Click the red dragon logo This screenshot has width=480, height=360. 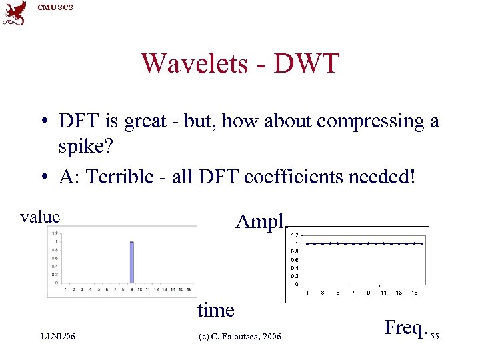(x=15, y=13)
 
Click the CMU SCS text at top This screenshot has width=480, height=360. (x=55, y=7)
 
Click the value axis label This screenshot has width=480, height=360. (x=40, y=217)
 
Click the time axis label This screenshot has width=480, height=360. (x=215, y=310)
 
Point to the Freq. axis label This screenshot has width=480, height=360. (x=405, y=327)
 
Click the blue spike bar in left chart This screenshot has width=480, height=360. (x=131, y=263)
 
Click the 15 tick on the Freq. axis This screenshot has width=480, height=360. (x=414, y=293)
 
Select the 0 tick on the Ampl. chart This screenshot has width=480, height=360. (x=297, y=284)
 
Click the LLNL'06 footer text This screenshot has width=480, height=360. (x=57, y=337)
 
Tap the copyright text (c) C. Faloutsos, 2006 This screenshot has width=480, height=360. (x=241, y=337)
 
